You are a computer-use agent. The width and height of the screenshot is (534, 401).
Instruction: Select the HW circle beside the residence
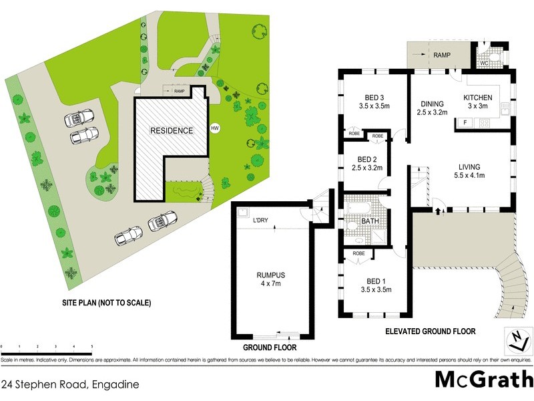[x=214, y=128]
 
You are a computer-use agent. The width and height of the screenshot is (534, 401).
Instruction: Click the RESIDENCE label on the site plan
[x=171, y=130]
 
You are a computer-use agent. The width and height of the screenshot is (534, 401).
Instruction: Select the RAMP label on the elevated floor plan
[x=441, y=55]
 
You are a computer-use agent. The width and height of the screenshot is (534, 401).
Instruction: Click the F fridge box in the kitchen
[x=463, y=123]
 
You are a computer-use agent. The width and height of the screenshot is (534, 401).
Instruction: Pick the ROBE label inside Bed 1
[x=358, y=253]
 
